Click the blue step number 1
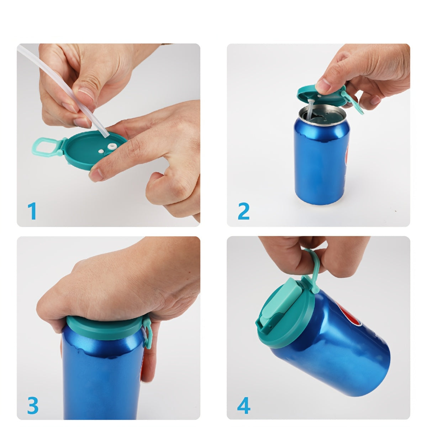32,211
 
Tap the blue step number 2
243,211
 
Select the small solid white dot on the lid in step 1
101,151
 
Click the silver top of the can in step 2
322,115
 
